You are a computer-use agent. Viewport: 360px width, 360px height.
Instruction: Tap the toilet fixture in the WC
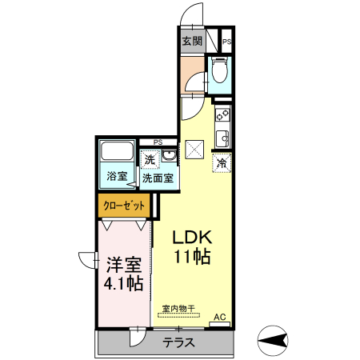pos(220,72)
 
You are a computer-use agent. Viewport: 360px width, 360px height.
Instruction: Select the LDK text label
pos(193,238)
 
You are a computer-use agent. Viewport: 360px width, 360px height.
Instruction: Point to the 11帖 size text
pos(193,257)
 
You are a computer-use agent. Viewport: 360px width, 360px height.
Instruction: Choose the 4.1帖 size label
pos(122,283)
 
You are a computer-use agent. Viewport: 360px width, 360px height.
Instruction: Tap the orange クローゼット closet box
pos(125,206)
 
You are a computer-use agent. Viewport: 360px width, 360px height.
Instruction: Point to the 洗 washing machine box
pos(150,159)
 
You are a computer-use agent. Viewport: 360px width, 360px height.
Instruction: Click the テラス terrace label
pos(179,342)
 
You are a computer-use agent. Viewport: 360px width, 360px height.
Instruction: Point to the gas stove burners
pos(222,114)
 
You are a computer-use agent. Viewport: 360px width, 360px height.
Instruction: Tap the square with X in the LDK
pos(194,149)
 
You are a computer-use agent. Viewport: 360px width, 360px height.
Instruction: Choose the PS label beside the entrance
pos(226,41)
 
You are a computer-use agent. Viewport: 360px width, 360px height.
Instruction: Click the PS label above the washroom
pos(158,142)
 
